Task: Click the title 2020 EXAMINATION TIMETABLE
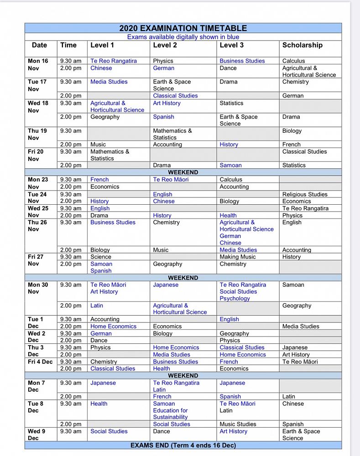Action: pos(183,28)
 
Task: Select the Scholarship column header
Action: pos(302,45)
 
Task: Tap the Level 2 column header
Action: pos(165,45)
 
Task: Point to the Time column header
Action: pos(68,45)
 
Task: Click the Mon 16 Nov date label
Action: pos(38,64)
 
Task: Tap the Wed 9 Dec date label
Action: pos(37,435)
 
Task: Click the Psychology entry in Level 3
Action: pos(235,298)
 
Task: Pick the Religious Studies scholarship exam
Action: pos(305,194)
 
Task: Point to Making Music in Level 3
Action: pos(238,257)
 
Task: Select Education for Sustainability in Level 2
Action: pos(170,414)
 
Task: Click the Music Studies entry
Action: pos(238,424)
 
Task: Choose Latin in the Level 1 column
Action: pos(97,306)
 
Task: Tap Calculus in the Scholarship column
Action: pos(293,61)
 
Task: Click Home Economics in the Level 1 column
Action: pos(113,326)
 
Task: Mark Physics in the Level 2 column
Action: pos(163,61)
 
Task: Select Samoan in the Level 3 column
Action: pos(230,166)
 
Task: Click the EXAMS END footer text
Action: pos(183,445)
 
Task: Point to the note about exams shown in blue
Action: pos(183,37)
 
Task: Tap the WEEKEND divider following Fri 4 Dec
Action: pos(183,376)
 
